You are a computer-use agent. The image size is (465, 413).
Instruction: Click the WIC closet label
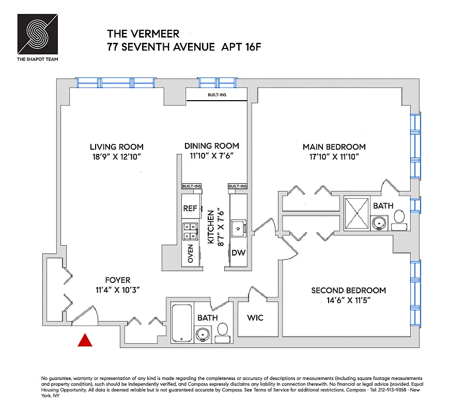pyautogui.click(x=255, y=317)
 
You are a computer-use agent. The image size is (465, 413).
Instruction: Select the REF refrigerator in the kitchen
pyautogui.click(x=190, y=209)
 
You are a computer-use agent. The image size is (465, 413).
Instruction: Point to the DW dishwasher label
pyautogui.click(x=238, y=253)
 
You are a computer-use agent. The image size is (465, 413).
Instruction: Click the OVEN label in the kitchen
pyautogui.click(x=191, y=253)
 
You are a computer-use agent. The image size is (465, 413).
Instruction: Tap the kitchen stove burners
pyautogui.click(x=189, y=231)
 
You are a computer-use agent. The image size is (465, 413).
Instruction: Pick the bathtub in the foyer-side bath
pyautogui.click(x=181, y=323)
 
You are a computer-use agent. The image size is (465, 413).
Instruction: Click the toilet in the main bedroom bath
pyautogui.click(x=399, y=221)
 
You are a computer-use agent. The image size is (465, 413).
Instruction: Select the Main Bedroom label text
pyautogui.click(x=334, y=147)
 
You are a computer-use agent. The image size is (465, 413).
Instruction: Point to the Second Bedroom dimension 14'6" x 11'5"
pyautogui.click(x=348, y=300)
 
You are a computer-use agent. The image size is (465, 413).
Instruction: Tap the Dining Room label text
pyautogui.click(x=211, y=146)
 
